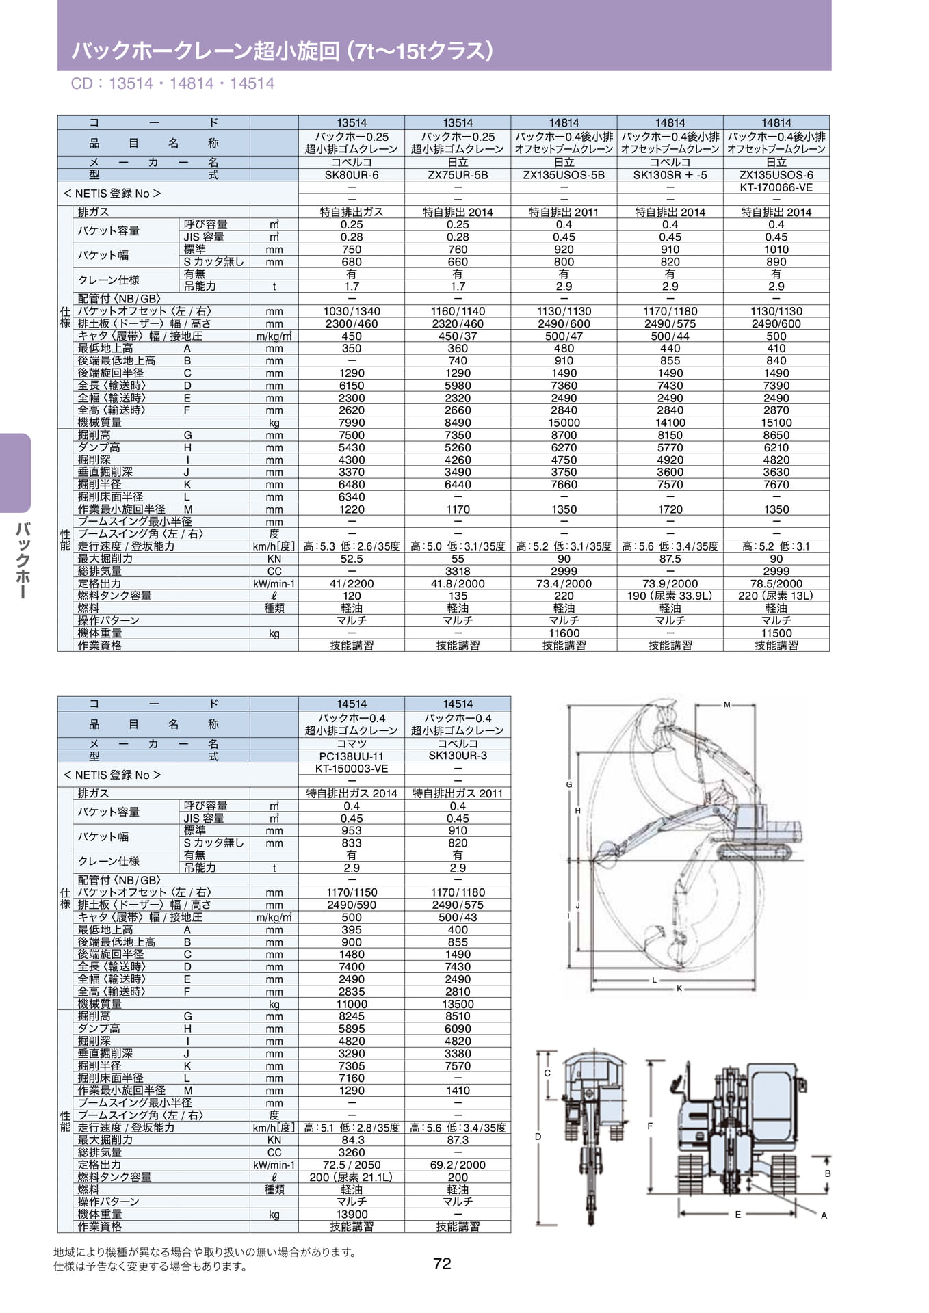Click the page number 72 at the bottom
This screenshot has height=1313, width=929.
[442, 1263]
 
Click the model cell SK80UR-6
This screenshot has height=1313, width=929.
[352, 175]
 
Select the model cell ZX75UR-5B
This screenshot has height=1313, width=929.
[458, 175]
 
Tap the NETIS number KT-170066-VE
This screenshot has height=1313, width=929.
[776, 187]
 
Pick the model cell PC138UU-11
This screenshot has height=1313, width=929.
[352, 756]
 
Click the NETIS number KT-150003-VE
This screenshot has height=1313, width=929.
[352, 769]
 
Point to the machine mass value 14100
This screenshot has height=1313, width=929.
[670, 423]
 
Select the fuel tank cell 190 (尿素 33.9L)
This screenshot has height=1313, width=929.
[670, 596]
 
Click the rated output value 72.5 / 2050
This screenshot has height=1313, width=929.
[352, 1165]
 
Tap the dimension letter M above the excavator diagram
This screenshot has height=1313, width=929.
[727, 704]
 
